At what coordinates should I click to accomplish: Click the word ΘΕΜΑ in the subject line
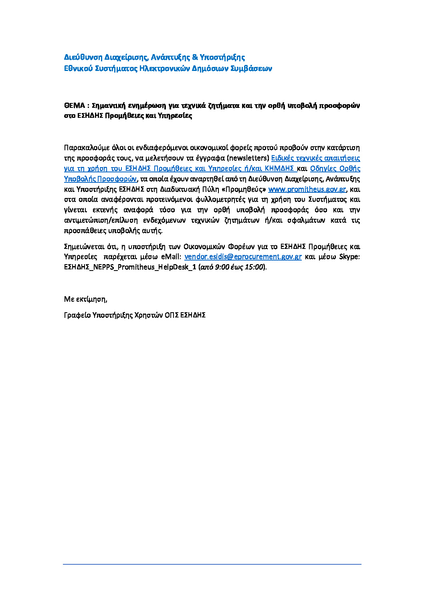[x=74, y=105]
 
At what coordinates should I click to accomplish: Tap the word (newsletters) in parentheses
[x=248, y=158]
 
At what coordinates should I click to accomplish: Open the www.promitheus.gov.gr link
[x=307, y=189]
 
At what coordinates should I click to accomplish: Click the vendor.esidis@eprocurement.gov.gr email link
[x=243, y=257]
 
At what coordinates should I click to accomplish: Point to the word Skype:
[x=349, y=257]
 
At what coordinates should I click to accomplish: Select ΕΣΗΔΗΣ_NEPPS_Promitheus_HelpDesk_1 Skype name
[x=130, y=267]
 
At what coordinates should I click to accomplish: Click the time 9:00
[x=221, y=267]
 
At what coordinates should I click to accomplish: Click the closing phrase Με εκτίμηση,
[x=85, y=299]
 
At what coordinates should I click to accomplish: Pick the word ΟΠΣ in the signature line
[x=171, y=315]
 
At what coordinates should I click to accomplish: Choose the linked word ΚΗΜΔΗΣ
[x=279, y=168]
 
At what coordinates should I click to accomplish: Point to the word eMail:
[x=171, y=257]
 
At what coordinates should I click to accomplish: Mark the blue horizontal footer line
[x=212, y=564]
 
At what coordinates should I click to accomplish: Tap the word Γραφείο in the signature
[x=77, y=315]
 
